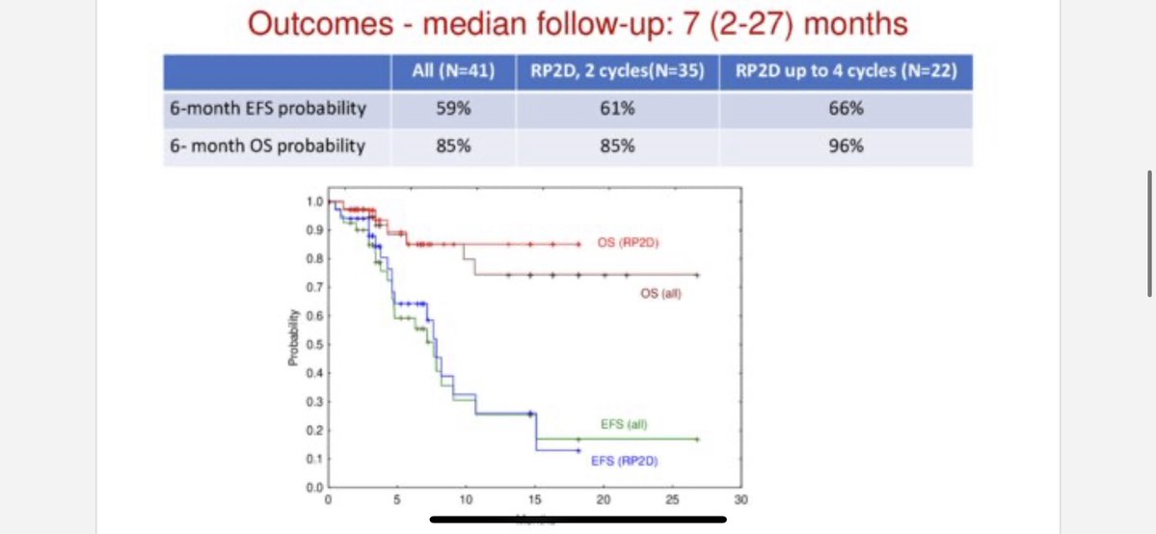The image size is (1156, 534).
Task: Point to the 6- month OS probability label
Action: pos(266,147)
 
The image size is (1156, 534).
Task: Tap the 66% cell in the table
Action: pos(846,108)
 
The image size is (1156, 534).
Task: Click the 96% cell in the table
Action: pos(846,147)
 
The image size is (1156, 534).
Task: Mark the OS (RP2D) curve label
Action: pos(633,243)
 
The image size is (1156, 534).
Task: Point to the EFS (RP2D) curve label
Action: pos(624,462)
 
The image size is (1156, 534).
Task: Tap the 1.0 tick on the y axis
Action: pos(313,201)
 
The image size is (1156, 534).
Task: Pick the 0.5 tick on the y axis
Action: pos(313,344)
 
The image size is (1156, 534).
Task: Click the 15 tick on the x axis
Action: pos(534,500)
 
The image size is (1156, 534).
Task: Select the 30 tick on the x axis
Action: pos(740,500)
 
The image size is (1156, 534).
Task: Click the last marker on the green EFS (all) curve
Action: pos(696,440)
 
